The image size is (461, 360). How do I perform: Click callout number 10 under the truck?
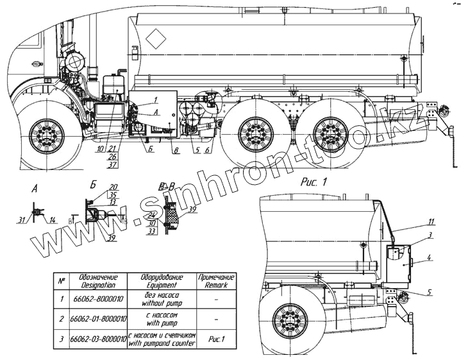pyautogui.click(x=101, y=149)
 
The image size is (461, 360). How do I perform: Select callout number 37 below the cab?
pyautogui.click(x=113, y=165)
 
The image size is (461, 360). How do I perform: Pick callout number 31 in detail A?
pyautogui.click(x=22, y=220)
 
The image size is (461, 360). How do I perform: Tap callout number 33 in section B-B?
pyautogui.click(x=152, y=231)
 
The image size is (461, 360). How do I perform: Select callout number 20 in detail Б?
pyautogui.click(x=113, y=187)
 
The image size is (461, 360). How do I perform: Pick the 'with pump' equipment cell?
pyautogui.click(x=162, y=318)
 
